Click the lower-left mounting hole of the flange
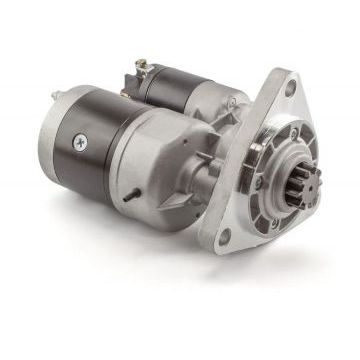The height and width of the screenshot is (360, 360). pyautogui.click(x=226, y=237)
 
